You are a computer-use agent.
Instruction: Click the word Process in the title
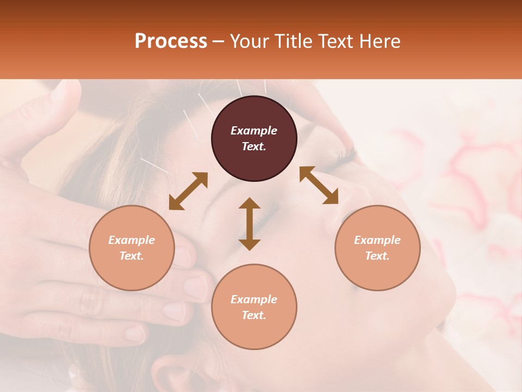click(171, 41)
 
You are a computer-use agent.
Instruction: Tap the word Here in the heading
click(379, 41)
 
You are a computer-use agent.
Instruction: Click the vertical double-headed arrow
click(250, 224)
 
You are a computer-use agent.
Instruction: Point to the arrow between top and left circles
click(188, 191)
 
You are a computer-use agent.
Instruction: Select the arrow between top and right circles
click(319, 185)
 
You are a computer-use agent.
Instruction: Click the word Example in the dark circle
click(254, 131)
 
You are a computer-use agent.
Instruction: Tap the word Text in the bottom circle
click(254, 315)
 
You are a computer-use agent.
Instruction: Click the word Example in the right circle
click(377, 240)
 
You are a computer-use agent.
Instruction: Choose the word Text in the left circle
click(132, 256)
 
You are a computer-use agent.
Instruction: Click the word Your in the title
click(248, 41)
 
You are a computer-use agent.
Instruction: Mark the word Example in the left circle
click(132, 240)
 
